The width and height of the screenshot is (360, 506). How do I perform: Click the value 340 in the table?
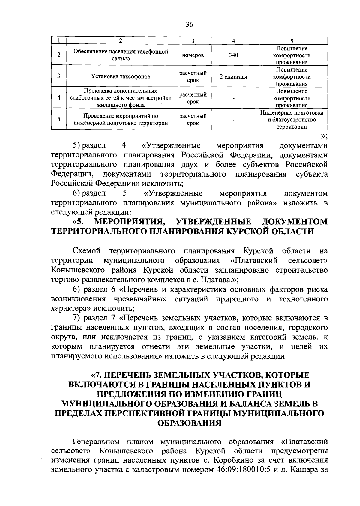[233, 55]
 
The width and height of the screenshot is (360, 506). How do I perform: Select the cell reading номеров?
[193, 55]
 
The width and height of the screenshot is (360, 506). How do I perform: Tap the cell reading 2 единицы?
[233, 77]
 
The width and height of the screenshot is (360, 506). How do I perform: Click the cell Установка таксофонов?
[121, 77]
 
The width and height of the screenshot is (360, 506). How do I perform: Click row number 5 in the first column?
[59, 119]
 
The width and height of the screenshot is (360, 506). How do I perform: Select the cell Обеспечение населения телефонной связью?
[121, 55]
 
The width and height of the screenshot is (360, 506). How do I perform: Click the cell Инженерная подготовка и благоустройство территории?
[292, 119]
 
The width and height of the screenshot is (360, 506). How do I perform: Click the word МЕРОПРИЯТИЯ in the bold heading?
[130, 222]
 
